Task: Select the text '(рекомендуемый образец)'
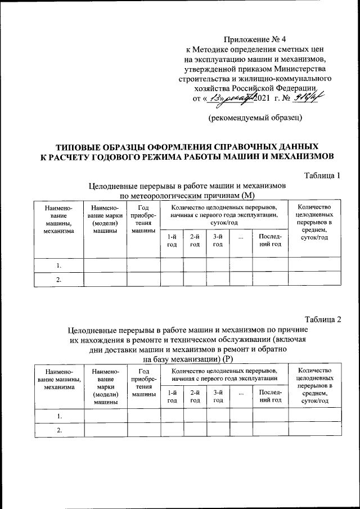(x=255, y=118)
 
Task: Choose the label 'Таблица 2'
(x=322, y=320)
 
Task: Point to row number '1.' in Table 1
(x=58, y=265)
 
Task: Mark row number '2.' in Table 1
(x=58, y=280)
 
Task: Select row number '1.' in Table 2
(x=58, y=416)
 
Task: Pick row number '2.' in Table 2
(x=58, y=430)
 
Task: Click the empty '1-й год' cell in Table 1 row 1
(x=172, y=265)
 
